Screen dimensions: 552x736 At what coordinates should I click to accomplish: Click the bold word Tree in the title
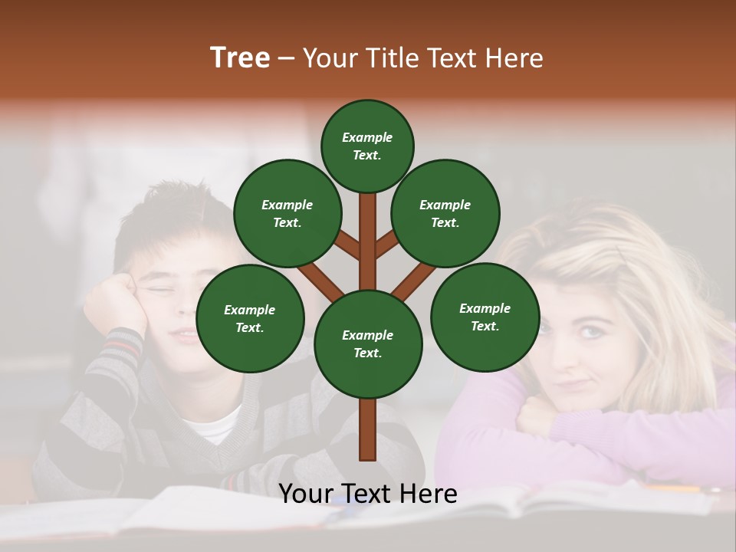[x=240, y=58]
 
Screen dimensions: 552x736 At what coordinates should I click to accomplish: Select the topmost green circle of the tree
[x=367, y=146]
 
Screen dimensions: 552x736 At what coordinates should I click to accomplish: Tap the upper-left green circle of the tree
[x=287, y=213]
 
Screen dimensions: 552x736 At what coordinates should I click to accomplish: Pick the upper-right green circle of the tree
[x=445, y=213]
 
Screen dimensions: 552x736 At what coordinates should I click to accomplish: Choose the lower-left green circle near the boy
[x=250, y=318]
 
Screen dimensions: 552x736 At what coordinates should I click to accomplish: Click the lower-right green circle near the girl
[x=485, y=317]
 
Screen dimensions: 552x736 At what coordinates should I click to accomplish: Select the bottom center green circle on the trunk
[x=368, y=344]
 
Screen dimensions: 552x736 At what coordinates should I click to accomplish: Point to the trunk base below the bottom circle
[x=368, y=433]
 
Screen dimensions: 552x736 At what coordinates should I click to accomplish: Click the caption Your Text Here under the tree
[x=368, y=494]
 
